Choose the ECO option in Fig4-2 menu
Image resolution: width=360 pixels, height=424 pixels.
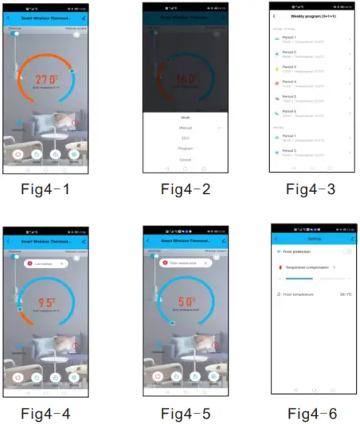185,138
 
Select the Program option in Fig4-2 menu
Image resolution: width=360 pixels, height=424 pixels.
185,148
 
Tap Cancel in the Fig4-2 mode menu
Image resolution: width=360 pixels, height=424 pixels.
185,159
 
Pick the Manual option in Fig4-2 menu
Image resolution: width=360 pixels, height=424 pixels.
185,127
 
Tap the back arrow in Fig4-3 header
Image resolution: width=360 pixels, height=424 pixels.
274,15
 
